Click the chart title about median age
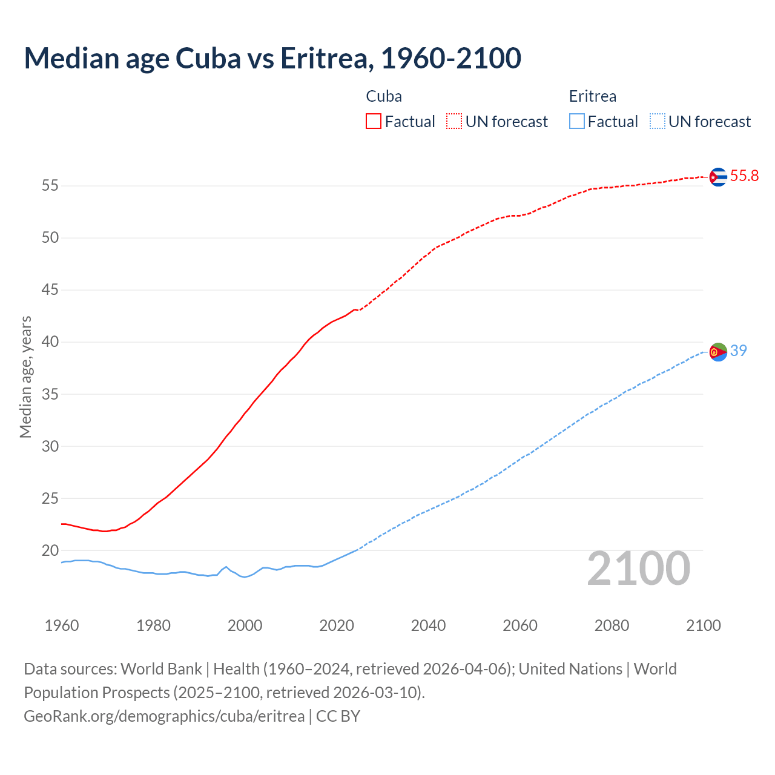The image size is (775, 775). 272,58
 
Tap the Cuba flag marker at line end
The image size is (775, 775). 718,177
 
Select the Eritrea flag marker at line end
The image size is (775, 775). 718,351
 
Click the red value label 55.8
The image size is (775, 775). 744,176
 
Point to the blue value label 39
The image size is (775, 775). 738,351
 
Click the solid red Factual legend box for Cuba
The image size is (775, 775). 374,121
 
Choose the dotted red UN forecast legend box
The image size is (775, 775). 454,121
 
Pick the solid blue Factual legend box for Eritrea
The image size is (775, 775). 577,121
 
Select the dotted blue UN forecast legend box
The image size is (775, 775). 658,121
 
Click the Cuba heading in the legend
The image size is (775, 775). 384,96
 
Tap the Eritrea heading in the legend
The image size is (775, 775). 592,96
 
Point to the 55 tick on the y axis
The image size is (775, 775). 50,185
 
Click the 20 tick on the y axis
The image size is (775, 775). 50,550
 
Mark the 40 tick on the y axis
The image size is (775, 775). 50,342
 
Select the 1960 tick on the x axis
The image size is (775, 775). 62,625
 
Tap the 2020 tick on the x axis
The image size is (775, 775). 337,625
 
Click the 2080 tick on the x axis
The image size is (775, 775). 612,625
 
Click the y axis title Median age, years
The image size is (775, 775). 25,377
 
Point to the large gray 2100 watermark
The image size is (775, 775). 638,568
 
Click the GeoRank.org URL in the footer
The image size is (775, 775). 164,716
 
